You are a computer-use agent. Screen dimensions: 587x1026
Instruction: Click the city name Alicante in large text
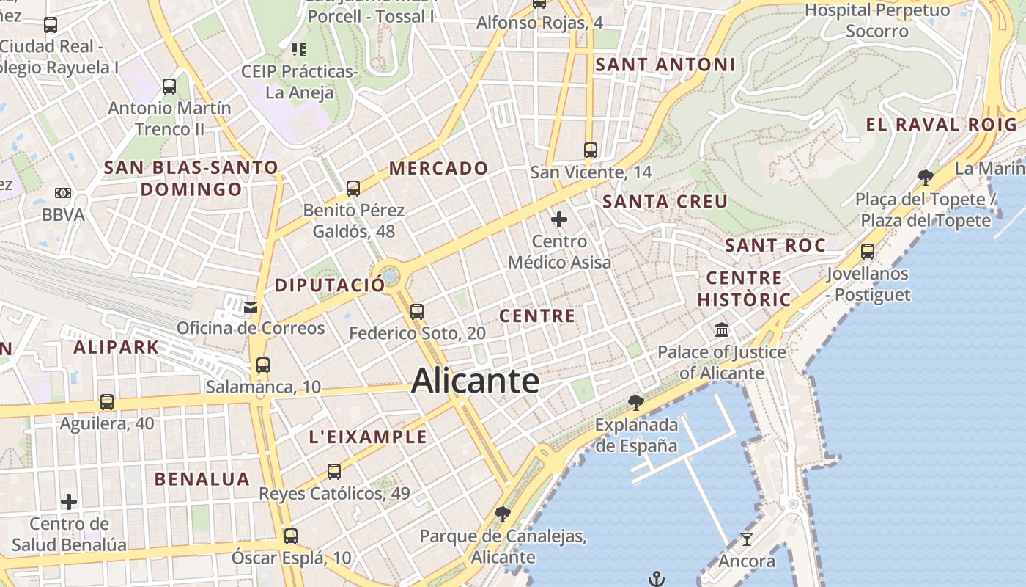(475, 381)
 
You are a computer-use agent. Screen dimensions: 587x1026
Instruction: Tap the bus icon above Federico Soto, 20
(417, 312)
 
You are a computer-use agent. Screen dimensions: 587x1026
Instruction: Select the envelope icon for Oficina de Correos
(251, 307)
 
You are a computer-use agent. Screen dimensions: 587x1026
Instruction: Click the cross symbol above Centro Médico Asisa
(559, 219)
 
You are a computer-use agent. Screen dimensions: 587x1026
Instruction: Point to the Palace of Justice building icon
(722, 329)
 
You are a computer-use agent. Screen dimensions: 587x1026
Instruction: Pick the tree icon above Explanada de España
(636, 402)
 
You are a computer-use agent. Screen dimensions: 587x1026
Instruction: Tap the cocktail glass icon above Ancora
(747, 539)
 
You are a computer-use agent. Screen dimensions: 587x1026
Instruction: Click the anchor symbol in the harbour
(656, 579)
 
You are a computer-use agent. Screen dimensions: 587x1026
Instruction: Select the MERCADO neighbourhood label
(438, 168)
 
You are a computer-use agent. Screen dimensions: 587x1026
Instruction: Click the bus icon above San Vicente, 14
(591, 150)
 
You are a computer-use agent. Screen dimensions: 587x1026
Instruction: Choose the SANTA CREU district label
(665, 202)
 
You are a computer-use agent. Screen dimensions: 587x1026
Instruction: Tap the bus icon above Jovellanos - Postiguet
(868, 252)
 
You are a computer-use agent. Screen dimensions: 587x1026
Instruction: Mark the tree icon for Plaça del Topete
(926, 177)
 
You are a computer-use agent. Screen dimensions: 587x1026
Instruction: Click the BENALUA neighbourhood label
(202, 479)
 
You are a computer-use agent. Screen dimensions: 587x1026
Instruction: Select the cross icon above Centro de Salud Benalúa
(69, 502)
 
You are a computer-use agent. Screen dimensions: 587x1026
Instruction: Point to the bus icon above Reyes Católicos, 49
(334, 472)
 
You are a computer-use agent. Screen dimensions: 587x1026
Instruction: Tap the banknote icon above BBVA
(63, 193)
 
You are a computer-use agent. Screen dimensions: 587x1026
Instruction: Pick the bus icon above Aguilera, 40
(107, 402)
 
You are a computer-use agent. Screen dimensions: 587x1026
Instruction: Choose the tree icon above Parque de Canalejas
(503, 514)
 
